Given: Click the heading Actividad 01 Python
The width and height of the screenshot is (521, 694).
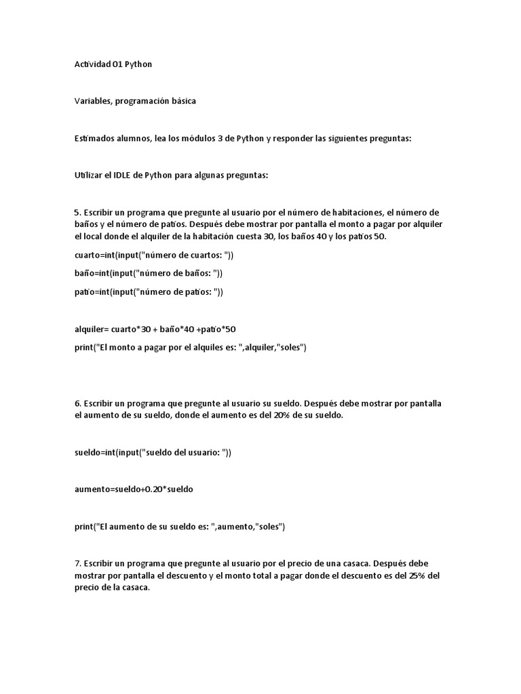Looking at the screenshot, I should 113,64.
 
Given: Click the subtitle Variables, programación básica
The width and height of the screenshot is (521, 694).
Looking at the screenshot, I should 135,101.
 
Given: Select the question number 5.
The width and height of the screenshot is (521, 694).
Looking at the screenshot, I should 77,212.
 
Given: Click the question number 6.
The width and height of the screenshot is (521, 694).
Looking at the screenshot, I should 77,403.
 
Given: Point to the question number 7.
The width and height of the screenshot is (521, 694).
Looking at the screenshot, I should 77,563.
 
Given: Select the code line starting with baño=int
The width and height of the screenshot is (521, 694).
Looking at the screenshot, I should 149,273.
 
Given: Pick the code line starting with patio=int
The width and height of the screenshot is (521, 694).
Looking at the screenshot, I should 149,292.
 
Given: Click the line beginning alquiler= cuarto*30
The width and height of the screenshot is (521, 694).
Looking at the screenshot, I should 155,329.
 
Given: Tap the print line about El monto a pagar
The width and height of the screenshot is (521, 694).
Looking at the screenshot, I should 191,348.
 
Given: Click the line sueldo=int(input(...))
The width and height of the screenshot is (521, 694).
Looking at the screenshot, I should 153,452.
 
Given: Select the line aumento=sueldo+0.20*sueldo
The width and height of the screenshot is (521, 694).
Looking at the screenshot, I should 134,489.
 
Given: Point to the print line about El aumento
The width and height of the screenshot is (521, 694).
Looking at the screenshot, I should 180,526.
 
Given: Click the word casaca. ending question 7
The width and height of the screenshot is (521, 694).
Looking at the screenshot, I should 136,588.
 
